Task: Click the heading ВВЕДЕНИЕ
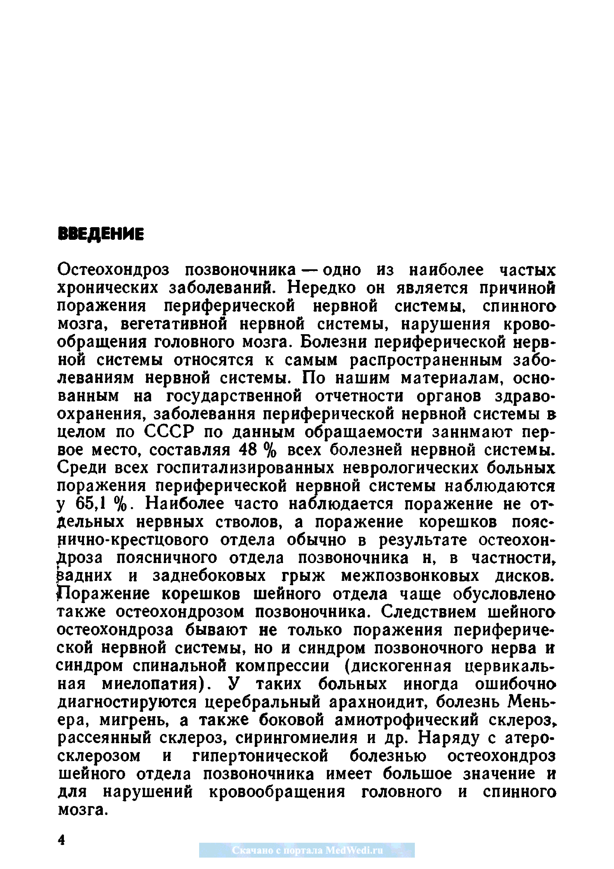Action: [x=101, y=234]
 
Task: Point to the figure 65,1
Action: [x=87, y=504]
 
